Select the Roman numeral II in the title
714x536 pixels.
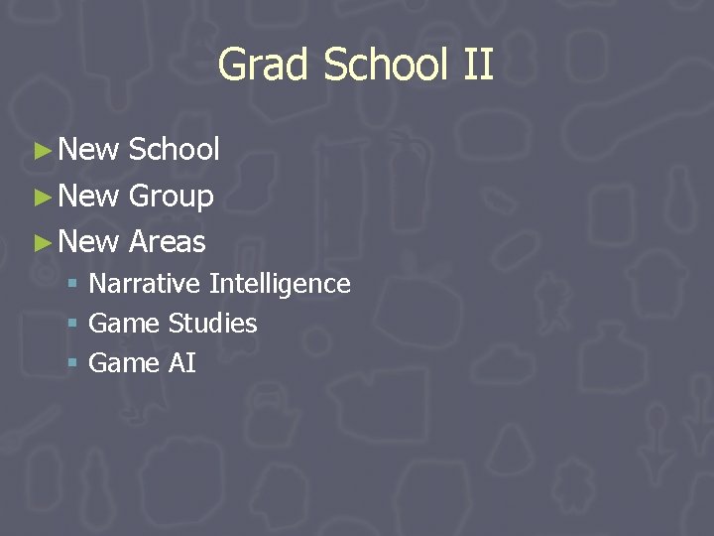tap(477, 66)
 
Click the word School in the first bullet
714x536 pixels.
tap(174, 150)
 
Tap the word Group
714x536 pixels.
tap(171, 197)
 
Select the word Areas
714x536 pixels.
tap(167, 241)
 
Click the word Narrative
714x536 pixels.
tap(145, 284)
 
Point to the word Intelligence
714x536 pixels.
tap(280, 284)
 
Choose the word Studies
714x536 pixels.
tap(212, 324)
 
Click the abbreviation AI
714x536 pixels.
tap(182, 363)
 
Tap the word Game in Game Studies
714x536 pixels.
tap(124, 324)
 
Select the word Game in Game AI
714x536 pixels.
tap(124, 363)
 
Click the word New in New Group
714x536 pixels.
tap(89, 197)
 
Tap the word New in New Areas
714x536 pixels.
tap(89, 241)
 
